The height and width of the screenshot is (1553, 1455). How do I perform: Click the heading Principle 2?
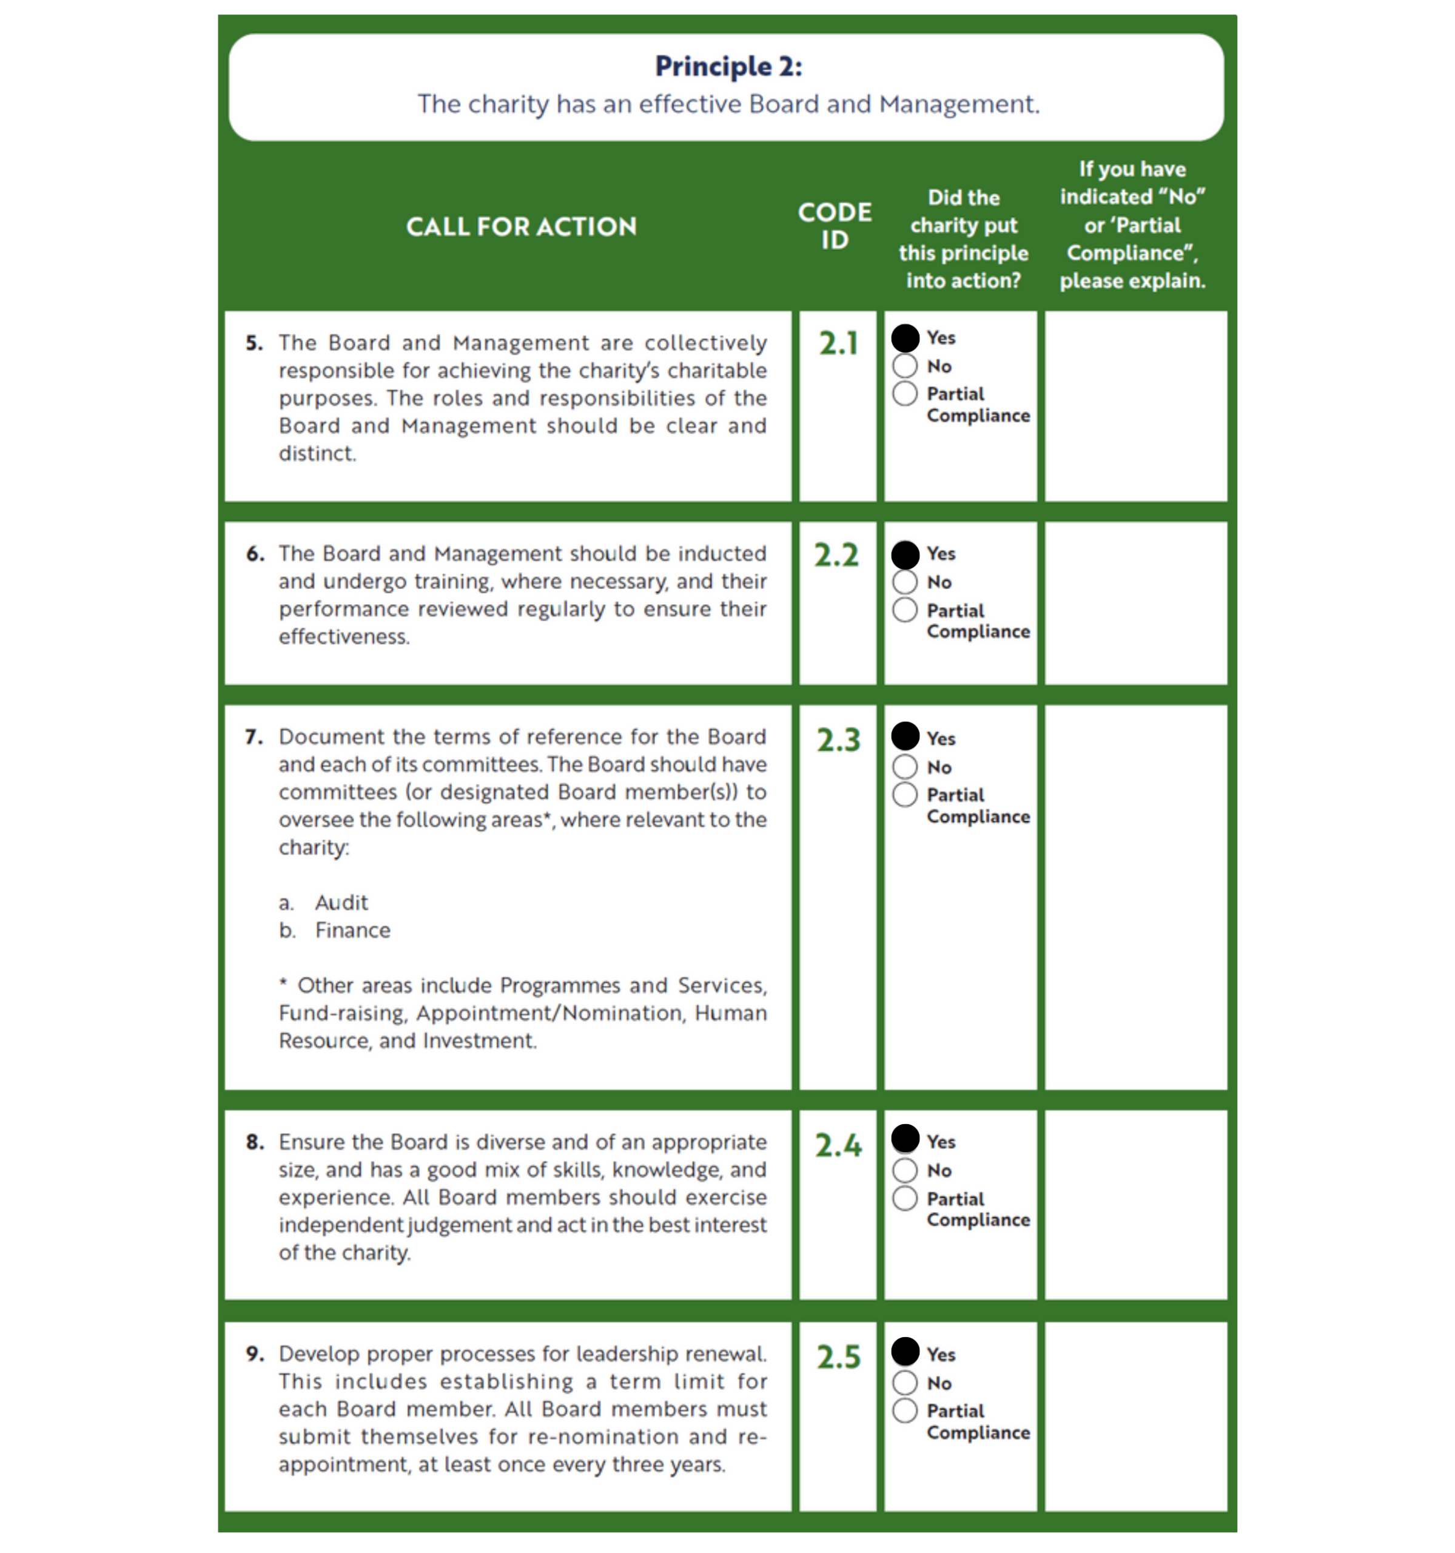(728, 66)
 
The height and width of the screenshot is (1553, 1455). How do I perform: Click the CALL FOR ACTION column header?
(521, 226)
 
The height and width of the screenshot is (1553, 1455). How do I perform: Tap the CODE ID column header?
(834, 226)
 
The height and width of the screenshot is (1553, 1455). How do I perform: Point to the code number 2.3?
(838, 739)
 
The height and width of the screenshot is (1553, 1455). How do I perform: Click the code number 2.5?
(838, 1357)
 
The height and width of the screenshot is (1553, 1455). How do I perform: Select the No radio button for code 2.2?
(904, 582)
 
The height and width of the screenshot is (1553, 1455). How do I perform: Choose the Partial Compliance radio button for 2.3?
(904, 795)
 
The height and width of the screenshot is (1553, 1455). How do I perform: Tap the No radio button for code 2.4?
(904, 1170)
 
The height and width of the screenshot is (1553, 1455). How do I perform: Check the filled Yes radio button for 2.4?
(905, 1139)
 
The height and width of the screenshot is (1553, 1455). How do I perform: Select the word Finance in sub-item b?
(352, 931)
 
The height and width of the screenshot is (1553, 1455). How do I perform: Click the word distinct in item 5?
(317, 453)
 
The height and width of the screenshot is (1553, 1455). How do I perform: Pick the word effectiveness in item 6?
(344, 636)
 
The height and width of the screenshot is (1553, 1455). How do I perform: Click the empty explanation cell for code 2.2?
(1135, 603)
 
